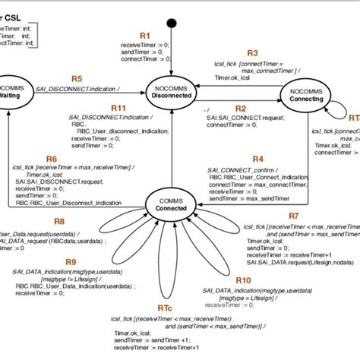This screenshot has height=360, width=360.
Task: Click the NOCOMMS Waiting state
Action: coord(11,91)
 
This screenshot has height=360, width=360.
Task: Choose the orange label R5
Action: coord(77,78)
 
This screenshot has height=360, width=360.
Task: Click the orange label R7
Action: coord(294,216)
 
